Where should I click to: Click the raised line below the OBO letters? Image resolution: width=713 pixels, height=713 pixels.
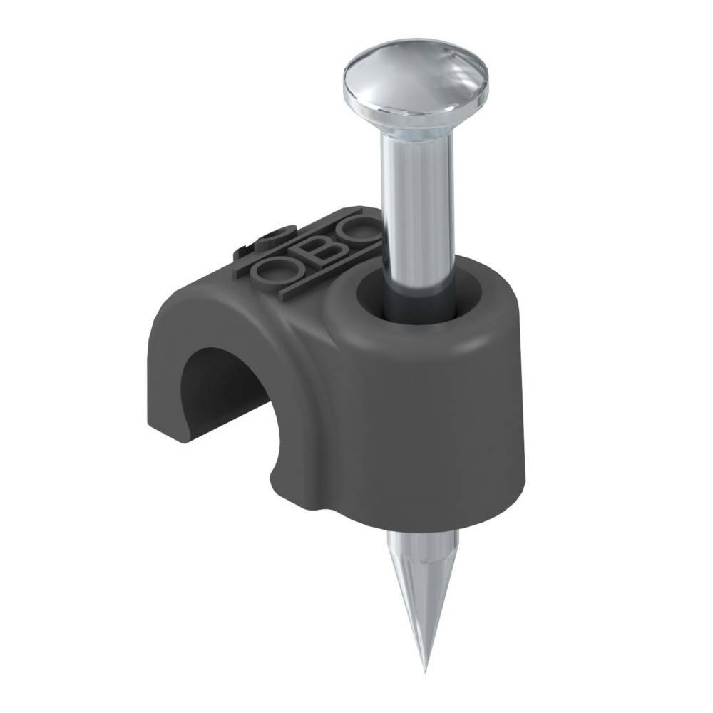coord(314,282)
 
